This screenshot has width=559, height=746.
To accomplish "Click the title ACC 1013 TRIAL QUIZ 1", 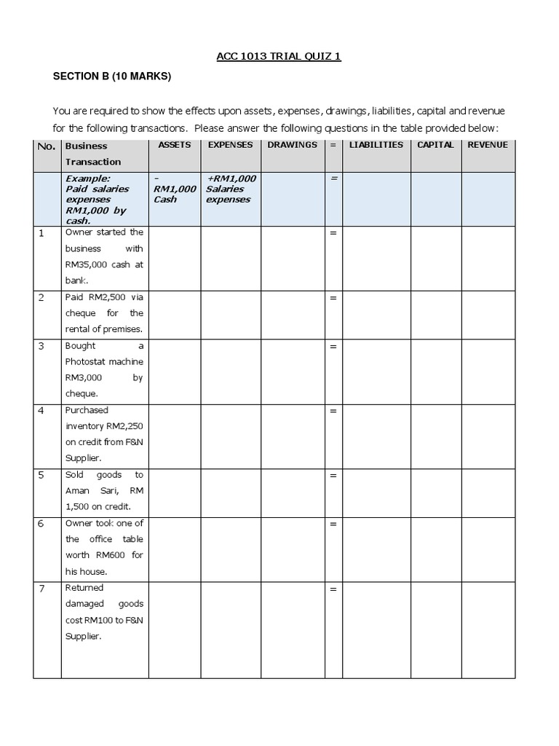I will coord(279,56).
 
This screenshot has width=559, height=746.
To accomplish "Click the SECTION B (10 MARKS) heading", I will coord(111,76).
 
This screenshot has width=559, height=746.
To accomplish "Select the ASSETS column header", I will coord(175,145).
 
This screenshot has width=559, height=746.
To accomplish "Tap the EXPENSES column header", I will coord(230,145).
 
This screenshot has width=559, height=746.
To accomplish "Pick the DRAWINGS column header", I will coord(292,145).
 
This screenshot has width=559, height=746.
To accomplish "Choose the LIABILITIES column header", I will coord(376,145).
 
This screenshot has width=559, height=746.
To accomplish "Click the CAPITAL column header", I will coord(435,145).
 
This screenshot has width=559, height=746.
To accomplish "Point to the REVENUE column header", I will coord(488,145).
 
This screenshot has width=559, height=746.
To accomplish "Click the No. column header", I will coord(46,146).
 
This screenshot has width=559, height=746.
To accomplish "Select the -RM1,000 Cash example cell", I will coord(175,189).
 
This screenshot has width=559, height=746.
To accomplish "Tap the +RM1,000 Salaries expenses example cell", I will coord(230,189).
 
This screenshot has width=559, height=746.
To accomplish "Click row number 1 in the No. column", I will coord(41,233).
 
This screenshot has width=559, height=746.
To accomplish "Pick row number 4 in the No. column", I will coord(41,411).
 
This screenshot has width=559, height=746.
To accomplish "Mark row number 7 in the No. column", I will coord(41,589).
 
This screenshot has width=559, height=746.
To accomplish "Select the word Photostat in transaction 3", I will coord(85,362).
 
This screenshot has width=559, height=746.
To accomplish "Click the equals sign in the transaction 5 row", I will coord(333,476).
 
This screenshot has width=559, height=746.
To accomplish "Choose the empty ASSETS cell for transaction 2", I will coord(175,313).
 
